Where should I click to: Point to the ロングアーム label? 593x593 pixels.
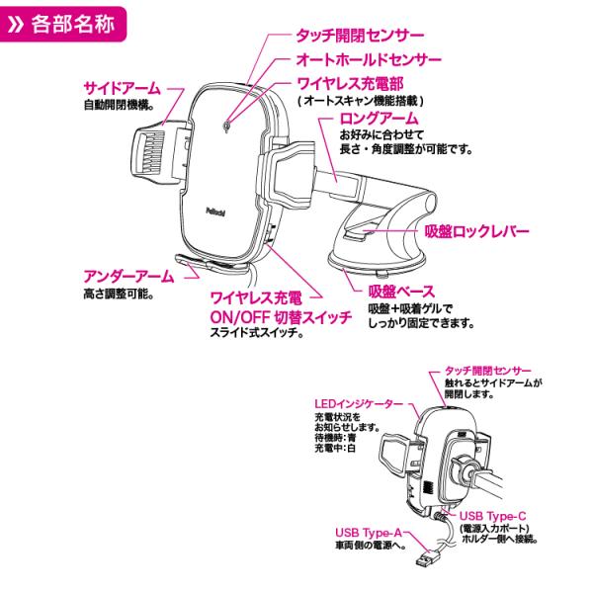point(370,119)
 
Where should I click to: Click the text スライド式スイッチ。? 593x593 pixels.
point(255,334)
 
